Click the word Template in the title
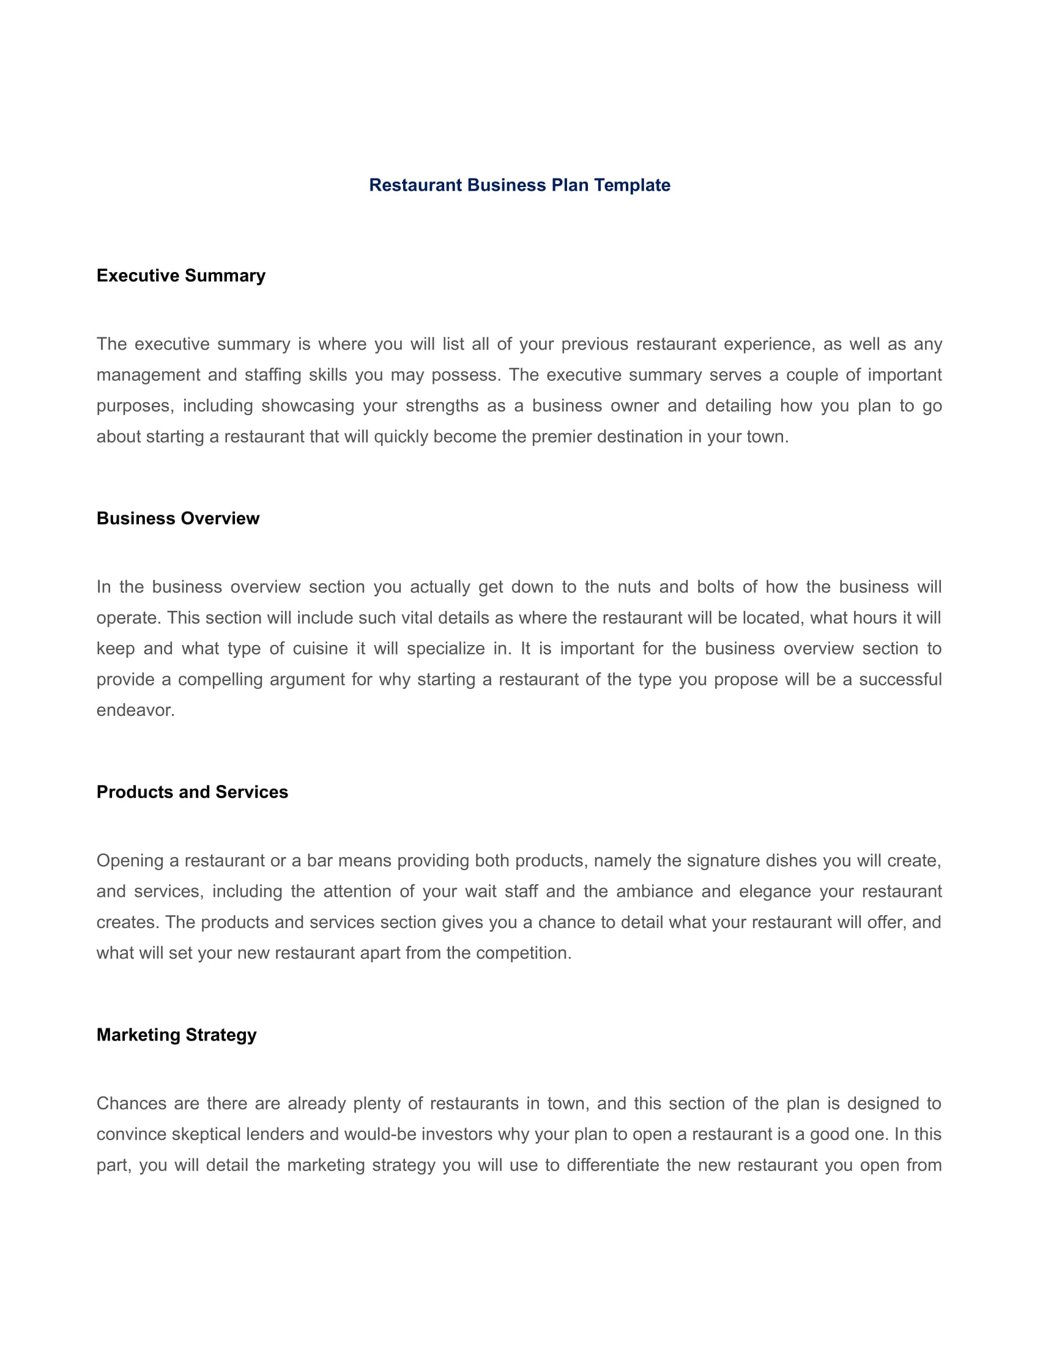(631, 185)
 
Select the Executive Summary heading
(180, 275)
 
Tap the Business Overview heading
(177, 518)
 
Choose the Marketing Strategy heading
(176, 1034)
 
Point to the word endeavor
(135, 710)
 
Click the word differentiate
(612, 1165)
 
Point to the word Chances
(132, 1103)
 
